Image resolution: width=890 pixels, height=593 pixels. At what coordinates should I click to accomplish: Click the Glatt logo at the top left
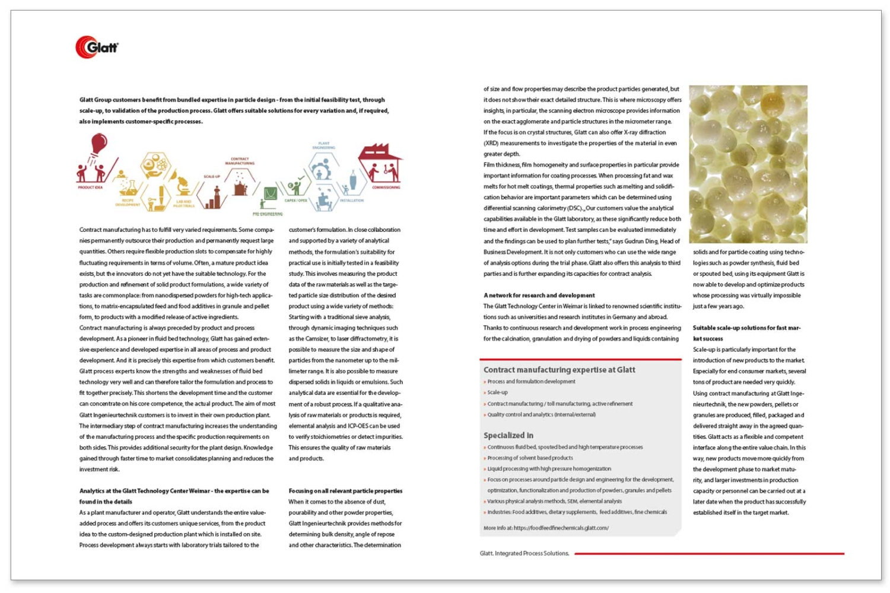tap(97, 47)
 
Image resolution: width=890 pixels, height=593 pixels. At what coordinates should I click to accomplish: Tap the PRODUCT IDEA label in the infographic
tap(90, 187)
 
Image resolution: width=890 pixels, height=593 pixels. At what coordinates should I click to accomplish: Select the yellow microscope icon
tap(181, 184)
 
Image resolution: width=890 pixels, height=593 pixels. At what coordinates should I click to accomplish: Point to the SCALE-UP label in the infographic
tap(212, 176)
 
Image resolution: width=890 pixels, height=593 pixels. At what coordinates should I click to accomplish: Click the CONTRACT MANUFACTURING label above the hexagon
tap(240, 161)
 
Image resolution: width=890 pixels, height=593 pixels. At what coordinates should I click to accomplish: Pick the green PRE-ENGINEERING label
tap(267, 213)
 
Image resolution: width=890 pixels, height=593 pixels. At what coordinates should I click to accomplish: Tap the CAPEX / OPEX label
tap(295, 200)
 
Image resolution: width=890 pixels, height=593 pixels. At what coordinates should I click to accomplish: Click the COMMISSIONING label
tap(386, 187)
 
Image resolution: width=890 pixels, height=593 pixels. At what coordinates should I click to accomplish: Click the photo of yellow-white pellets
tap(748, 164)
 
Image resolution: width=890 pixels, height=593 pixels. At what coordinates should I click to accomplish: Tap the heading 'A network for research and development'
tap(539, 295)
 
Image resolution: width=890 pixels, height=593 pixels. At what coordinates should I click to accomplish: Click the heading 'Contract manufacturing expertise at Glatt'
tap(559, 370)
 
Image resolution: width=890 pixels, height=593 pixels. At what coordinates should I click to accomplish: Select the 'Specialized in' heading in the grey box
tap(508, 435)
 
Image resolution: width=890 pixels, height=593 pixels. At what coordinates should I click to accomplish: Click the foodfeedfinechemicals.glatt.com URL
tap(561, 528)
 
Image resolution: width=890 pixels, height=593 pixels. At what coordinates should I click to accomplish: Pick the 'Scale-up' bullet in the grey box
tap(497, 393)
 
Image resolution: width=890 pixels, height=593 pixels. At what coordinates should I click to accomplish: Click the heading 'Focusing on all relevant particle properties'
tap(345, 491)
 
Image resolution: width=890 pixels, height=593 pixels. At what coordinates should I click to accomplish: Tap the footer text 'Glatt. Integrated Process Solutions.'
tap(525, 553)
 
